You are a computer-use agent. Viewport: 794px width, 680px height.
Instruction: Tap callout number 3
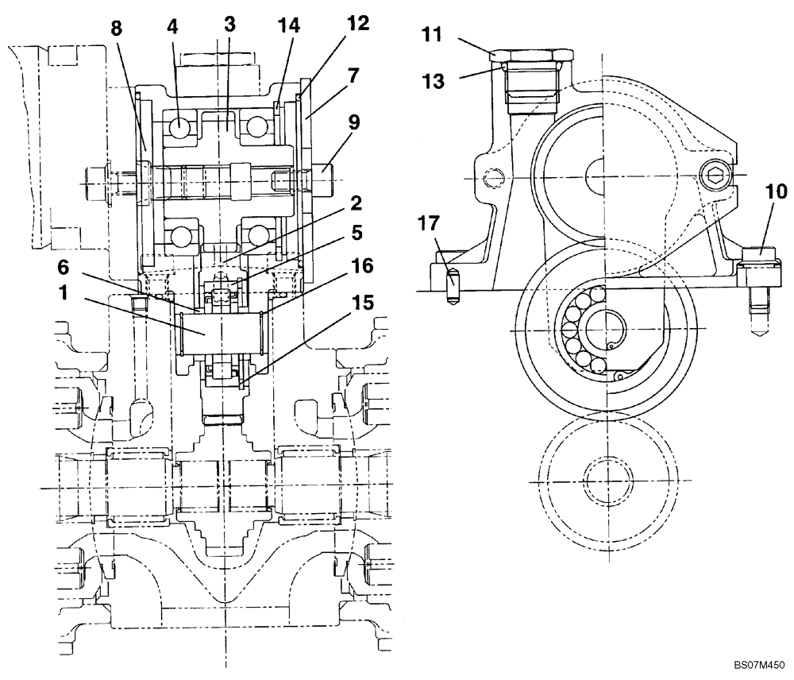click(229, 24)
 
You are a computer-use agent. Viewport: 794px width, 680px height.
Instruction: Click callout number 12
click(358, 24)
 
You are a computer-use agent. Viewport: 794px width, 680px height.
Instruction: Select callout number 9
click(354, 122)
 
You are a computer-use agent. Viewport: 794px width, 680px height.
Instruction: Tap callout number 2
click(357, 203)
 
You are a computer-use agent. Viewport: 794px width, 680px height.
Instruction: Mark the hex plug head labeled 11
click(531, 55)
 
